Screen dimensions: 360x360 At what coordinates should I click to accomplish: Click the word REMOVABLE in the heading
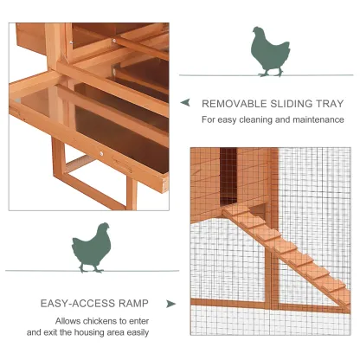[x=234, y=104]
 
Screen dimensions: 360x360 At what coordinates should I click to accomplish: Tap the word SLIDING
[x=292, y=104]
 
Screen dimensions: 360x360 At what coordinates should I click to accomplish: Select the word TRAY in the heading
[x=331, y=104]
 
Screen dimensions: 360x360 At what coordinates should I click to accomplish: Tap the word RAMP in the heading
[x=133, y=304]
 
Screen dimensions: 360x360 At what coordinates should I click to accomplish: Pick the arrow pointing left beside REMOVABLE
[x=185, y=102]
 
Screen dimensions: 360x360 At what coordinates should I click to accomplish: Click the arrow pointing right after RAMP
[x=170, y=304]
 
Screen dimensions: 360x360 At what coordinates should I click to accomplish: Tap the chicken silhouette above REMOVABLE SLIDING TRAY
[x=270, y=52]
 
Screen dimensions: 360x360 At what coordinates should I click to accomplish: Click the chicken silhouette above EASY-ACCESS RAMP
[x=92, y=247]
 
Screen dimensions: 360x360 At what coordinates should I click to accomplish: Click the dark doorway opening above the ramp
[x=228, y=177]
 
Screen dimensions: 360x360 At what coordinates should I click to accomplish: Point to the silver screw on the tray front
[x=101, y=154]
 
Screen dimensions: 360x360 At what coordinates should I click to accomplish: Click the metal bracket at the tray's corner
[x=165, y=185]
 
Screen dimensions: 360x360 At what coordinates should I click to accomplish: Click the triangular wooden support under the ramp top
[x=259, y=210]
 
